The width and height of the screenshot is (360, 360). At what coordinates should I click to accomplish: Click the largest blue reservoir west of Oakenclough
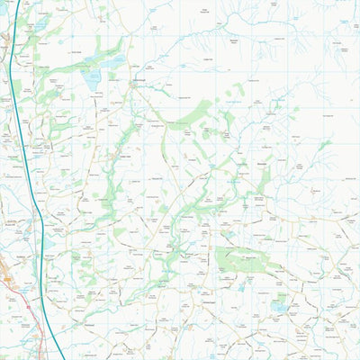[x=92, y=79]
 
